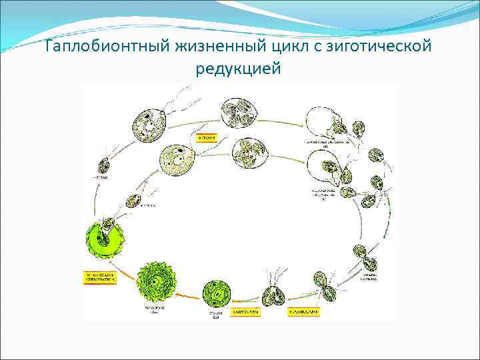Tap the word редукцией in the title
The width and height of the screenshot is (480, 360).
(239, 68)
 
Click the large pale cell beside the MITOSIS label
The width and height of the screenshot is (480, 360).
(178, 160)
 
